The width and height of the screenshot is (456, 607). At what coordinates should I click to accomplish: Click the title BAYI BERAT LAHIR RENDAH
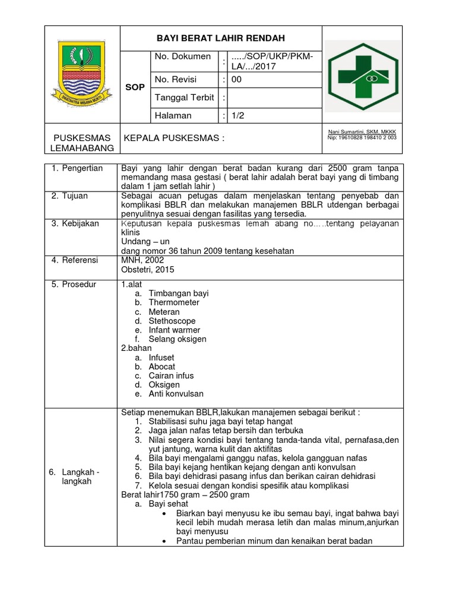pos(220,38)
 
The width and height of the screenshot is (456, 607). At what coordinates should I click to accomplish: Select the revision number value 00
pos(236,79)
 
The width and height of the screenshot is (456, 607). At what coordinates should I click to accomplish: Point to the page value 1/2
pos(237,116)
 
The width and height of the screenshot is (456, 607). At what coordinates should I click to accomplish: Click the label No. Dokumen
pos(182,56)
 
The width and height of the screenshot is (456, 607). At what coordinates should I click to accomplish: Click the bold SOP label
pos(135,87)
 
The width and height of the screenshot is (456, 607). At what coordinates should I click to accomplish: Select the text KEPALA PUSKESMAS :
pos(173,138)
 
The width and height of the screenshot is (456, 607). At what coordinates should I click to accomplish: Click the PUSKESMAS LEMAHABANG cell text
pos(83,143)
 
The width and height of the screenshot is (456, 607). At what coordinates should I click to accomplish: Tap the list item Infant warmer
pos(175,330)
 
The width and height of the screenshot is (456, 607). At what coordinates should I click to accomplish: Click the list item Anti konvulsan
pos(176,394)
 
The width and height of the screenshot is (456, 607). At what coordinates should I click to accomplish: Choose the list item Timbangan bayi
pos(179,293)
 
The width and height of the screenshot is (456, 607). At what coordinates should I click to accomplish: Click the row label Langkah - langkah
pos(74,477)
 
